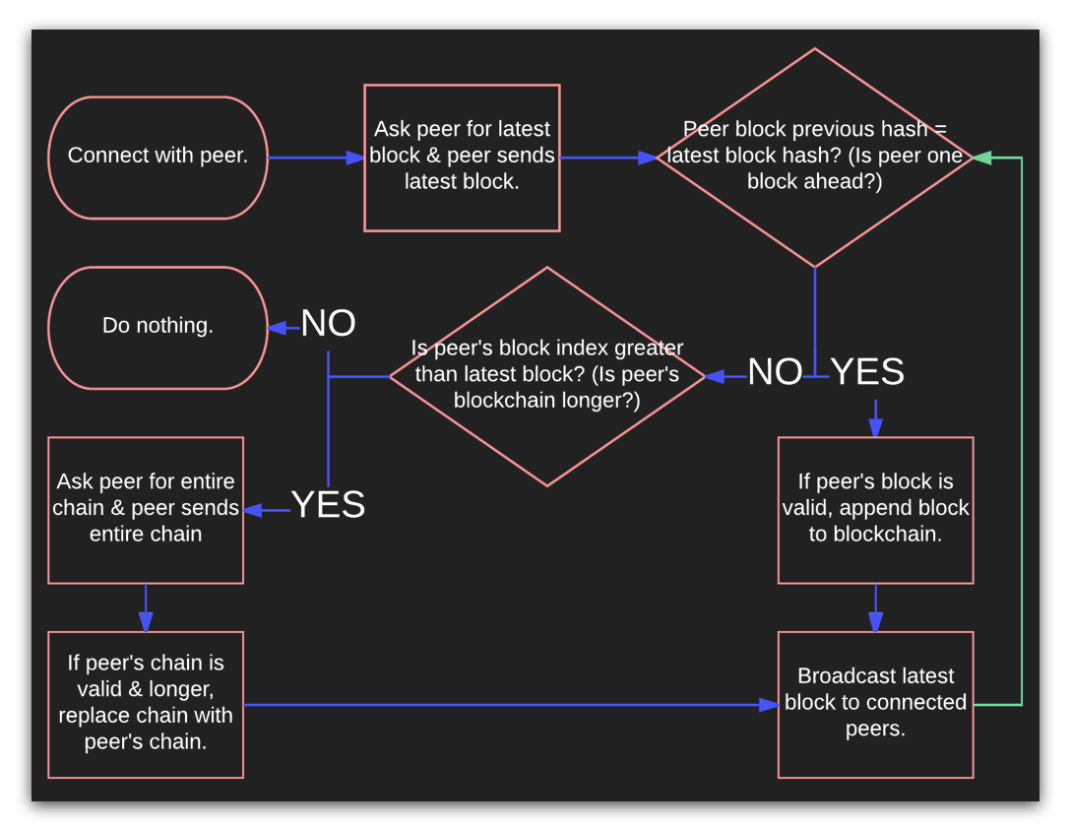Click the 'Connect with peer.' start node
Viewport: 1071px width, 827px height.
[157, 157]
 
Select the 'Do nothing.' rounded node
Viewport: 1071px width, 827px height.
[157, 327]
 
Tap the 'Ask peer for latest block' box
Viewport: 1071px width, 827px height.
[462, 158]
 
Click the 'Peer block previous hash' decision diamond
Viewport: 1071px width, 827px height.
[814, 158]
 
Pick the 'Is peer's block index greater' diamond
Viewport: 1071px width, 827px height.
[547, 376]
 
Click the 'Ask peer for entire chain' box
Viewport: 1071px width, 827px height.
[146, 509]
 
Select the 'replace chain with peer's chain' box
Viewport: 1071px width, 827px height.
[146, 704]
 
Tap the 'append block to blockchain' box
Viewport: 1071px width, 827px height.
[875, 509]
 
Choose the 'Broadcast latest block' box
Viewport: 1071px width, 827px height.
[875, 704]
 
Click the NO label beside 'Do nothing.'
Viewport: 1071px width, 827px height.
[328, 324]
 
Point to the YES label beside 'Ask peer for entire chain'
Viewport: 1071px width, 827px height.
[328, 505]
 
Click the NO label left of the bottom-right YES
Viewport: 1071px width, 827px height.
[775, 372]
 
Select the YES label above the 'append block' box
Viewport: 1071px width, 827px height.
[867, 372]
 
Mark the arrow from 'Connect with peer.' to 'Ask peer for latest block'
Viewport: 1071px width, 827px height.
[315, 158]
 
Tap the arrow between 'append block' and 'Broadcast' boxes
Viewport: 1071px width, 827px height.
[875, 607]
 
